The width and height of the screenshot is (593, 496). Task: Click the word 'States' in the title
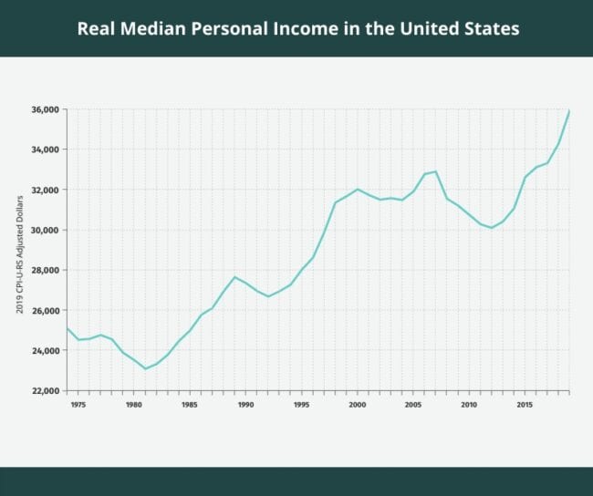pyautogui.click(x=489, y=28)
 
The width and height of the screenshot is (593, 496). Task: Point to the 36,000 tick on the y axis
pyautogui.click(x=45, y=109)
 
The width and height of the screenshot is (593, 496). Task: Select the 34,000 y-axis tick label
pyautogui.click(x=45, y=150)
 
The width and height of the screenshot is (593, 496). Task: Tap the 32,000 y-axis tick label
pyautogui.click(x=45, y=190)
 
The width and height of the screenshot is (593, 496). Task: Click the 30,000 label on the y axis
pyautogui.click(x=45, y=230)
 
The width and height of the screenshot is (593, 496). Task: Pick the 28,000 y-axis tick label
pyautogui.click(x=45, y=270)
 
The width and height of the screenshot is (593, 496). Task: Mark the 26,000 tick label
pyautogui.click(x=45, y=310)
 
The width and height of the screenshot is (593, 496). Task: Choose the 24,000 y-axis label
pyautogui.click(x=45, y=350)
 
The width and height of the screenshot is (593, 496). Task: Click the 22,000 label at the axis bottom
pyautogui.click(x=45, y=390)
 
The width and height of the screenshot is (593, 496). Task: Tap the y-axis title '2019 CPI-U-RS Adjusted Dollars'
pyautogui.click(x=19, y=252)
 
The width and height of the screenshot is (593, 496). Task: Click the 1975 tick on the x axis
pyautogui.click(x=78, y=404)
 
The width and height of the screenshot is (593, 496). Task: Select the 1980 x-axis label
pyautogui.click(x=133, y=404)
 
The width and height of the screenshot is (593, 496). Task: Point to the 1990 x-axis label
pyautogui.click(x=245, y=404)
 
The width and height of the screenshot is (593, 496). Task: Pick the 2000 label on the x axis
pyautogui.click(x=357, y=404)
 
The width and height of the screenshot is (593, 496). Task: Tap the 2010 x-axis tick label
pyautogui.click(x=469, y=404)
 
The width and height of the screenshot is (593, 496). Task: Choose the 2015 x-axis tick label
pyautogui.click(x=525, y=404)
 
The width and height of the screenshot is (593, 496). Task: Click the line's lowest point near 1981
pyautogui.click(x=145, y=368)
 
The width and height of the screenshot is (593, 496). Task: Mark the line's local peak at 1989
pyautogui.click(x=234, y=277)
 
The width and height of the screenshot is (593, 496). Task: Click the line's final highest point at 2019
pyautogui.click(x=569, y=111)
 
